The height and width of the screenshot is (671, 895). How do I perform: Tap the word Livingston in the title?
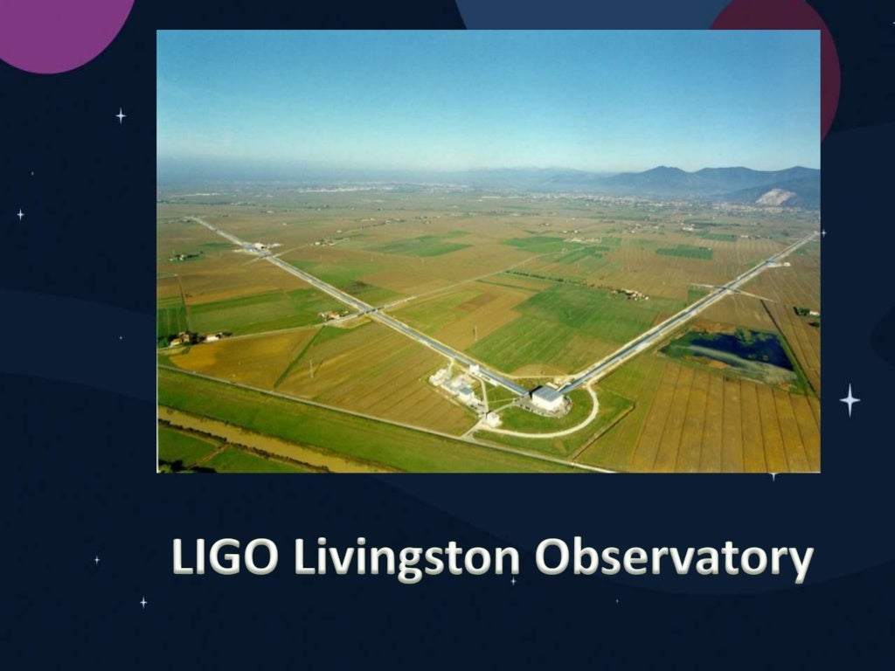(406, 559)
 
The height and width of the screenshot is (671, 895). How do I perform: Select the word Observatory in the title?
(673, 559)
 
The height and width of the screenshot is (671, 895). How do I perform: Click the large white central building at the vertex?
(547, 398)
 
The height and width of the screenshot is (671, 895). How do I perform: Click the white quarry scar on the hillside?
(774, 197)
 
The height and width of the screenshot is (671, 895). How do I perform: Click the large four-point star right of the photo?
(850, 399)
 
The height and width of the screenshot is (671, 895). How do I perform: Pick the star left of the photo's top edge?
(121, 115)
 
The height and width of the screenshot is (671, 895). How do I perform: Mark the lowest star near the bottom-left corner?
(143, 602)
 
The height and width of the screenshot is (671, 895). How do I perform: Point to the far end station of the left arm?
(254, 247)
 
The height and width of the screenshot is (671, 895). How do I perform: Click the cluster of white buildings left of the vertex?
(454, 384)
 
